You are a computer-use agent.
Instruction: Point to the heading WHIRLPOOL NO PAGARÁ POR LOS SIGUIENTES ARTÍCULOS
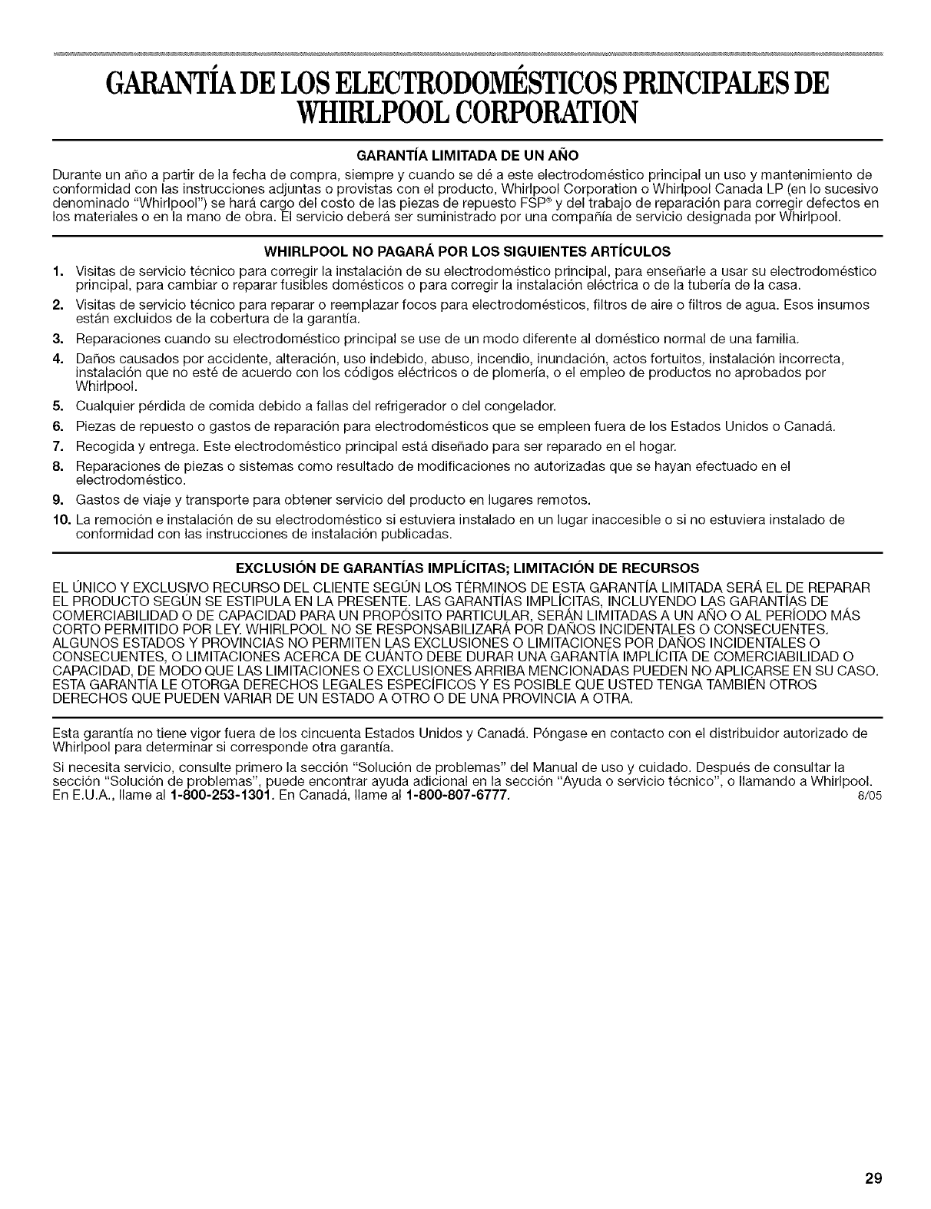coord(466,251)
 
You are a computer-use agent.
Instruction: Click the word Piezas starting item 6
coord(92,426)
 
